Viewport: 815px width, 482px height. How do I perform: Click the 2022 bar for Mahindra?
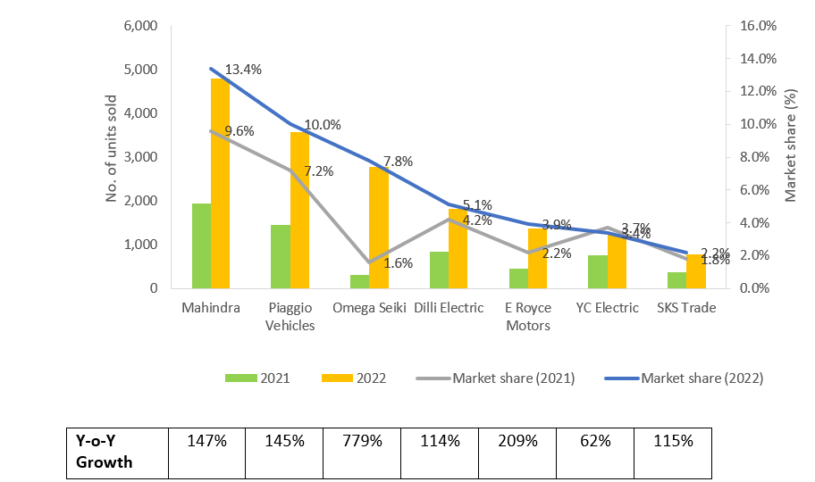[x=220, y=183]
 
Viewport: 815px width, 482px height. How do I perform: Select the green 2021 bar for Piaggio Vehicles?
[x=281, y=256]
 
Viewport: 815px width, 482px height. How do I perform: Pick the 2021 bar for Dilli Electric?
[x=439, y=270]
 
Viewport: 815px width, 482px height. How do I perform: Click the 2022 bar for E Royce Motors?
[x=537, y=258]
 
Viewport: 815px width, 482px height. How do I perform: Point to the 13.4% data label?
[x=243, y=70]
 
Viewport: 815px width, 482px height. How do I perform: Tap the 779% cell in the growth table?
[x=363, y=441]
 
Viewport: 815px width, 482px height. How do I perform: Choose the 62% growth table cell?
[x=595, y=441]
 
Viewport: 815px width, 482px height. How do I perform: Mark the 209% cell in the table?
[x=517, y=441]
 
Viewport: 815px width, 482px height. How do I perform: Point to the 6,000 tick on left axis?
[x=139, y=26]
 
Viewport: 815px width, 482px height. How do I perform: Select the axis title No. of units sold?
[x=112, y=148]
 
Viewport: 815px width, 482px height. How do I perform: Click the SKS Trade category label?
[x=686, y=308]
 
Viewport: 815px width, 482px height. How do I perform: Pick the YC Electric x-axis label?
[x=608, y=308]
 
